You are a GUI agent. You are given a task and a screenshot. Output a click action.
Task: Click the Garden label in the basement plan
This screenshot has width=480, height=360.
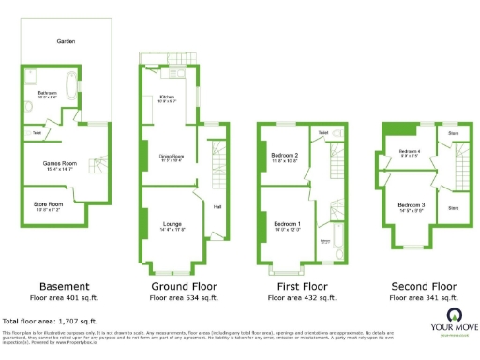65,42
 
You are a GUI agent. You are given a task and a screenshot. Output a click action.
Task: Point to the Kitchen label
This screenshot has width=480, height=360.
167,97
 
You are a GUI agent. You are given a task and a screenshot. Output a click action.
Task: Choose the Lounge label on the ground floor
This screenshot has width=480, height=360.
172,223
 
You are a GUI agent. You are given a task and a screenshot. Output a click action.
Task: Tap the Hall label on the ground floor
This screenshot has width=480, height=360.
217,206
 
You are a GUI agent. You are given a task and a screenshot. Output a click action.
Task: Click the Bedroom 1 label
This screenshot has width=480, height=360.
287,224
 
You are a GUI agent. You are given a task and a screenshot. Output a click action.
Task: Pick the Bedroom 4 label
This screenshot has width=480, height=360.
410,151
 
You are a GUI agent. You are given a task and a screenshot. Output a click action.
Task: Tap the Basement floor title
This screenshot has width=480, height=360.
65,286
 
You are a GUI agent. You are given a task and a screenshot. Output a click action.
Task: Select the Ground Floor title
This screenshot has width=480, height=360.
179,286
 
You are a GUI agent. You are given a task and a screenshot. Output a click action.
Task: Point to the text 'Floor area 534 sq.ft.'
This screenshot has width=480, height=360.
179,297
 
